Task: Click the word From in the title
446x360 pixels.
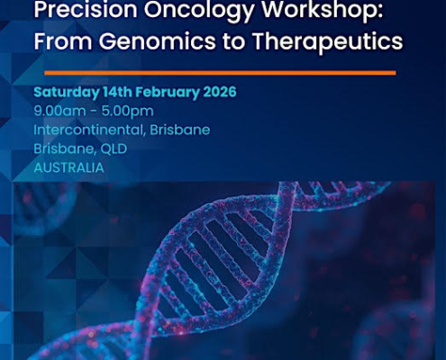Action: pos(62,41)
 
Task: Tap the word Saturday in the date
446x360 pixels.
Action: pos(64,92)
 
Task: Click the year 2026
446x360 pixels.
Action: pos(222,92)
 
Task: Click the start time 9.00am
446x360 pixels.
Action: pos(58,111)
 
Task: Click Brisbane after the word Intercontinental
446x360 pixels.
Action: pos(181,130)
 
